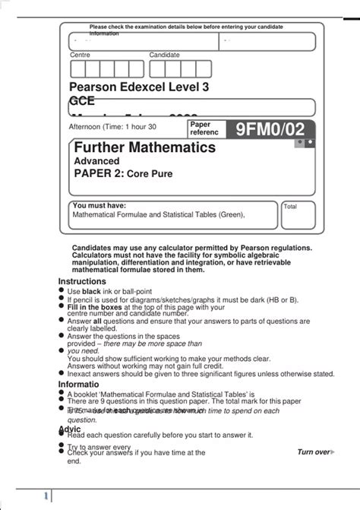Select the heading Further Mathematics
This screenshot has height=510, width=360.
(144, 147)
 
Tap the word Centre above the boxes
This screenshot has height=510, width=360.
(80, 55)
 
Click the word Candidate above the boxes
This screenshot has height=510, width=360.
(164, 55)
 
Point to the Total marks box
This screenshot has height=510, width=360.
(298, 216)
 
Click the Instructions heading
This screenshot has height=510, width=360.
(83, 281)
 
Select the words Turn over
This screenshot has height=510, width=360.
(313, 451)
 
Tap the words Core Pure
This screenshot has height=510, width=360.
(150, 174)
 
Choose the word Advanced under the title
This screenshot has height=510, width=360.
(96, 161)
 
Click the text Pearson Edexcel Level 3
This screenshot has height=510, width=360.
(139, 87)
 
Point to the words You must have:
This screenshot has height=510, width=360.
(99, 205)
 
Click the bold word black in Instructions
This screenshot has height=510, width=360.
(91, 291)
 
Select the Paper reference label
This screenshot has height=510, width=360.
(204, 128)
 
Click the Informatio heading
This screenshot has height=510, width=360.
(81, 384)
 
